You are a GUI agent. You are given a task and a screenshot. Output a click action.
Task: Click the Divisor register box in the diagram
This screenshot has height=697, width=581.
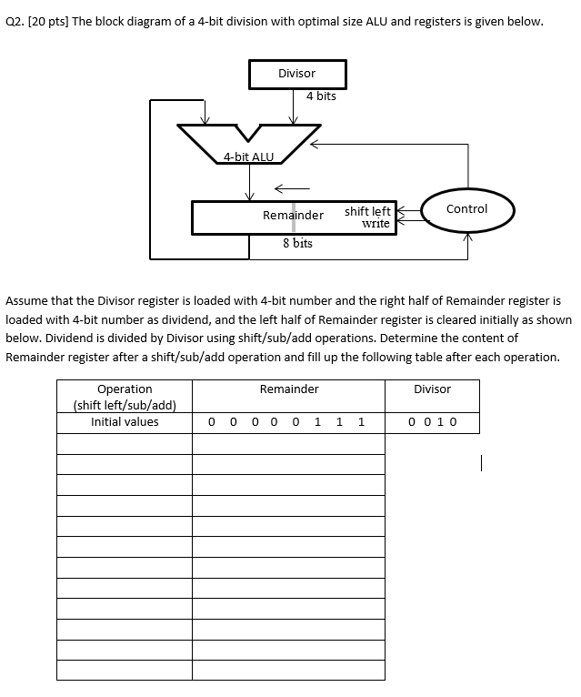pyautogui.click(x=296, y=74)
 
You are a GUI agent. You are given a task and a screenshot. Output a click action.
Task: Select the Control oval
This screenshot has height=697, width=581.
pyautogui.click(x=467, y=209)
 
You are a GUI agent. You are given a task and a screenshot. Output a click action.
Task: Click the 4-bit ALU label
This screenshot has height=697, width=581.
pyautogui.click(x=248, y=157)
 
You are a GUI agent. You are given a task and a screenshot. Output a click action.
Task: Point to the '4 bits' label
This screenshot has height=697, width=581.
pyautogui.click(x=321, y=96)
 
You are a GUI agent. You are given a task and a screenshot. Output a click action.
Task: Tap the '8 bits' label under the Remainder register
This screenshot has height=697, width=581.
pyautogui.click(x=297, y=243)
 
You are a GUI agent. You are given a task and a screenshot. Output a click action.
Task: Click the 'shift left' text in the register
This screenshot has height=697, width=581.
pyautogui.click(x=367, y=211)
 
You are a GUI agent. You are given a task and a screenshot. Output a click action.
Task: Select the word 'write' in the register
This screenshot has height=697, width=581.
pyautogui.click(x=376, y=224)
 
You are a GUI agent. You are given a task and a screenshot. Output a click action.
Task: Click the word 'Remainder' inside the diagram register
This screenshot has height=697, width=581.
pyautogui.click(x=293, y=216)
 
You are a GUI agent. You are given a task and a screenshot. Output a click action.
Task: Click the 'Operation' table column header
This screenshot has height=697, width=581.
pyautogui.click(x=125, y=389)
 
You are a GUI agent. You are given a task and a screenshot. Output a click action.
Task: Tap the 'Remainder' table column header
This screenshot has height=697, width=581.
pyautogui.click(x=289, y=389)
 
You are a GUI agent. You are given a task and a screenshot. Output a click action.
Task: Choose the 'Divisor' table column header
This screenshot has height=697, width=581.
pyautogui.click(x=432, y=389)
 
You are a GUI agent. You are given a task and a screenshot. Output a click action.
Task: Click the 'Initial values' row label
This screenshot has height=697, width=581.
pyautogui.click(x=125, y=421)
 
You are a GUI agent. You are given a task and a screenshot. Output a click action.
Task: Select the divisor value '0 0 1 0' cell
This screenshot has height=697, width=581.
pyautogui.click(x=432, y=421)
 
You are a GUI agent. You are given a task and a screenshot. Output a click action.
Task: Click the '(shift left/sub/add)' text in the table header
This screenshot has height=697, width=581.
pyautogui.click(x=125, y=405)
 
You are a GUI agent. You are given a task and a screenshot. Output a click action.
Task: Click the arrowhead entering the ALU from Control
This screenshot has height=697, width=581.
pyautogui.click(x=315, y=143)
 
